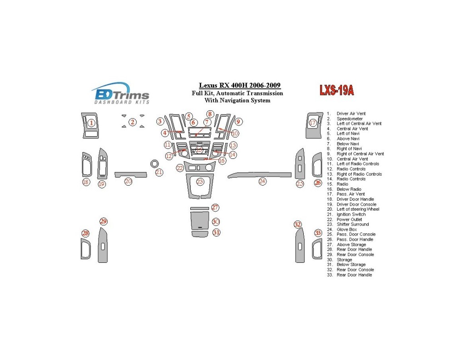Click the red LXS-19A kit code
[336, 90]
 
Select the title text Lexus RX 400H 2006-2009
[239, 85]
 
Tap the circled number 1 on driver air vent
[91, 123]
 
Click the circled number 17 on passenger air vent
[312, 123]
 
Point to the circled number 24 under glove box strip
[262, 182]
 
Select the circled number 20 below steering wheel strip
[129, 181]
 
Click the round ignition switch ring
[154, 163]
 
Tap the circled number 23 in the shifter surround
[200, 182]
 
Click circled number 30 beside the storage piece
[216, 222]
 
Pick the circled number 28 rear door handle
[85, 233]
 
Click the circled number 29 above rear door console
[104, 222]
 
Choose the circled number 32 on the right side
[297, 224]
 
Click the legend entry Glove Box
[346, 230]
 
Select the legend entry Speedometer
[349, 119]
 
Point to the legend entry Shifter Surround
[352, 224]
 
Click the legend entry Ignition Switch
[351, 214]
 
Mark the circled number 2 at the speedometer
[133, 122]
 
